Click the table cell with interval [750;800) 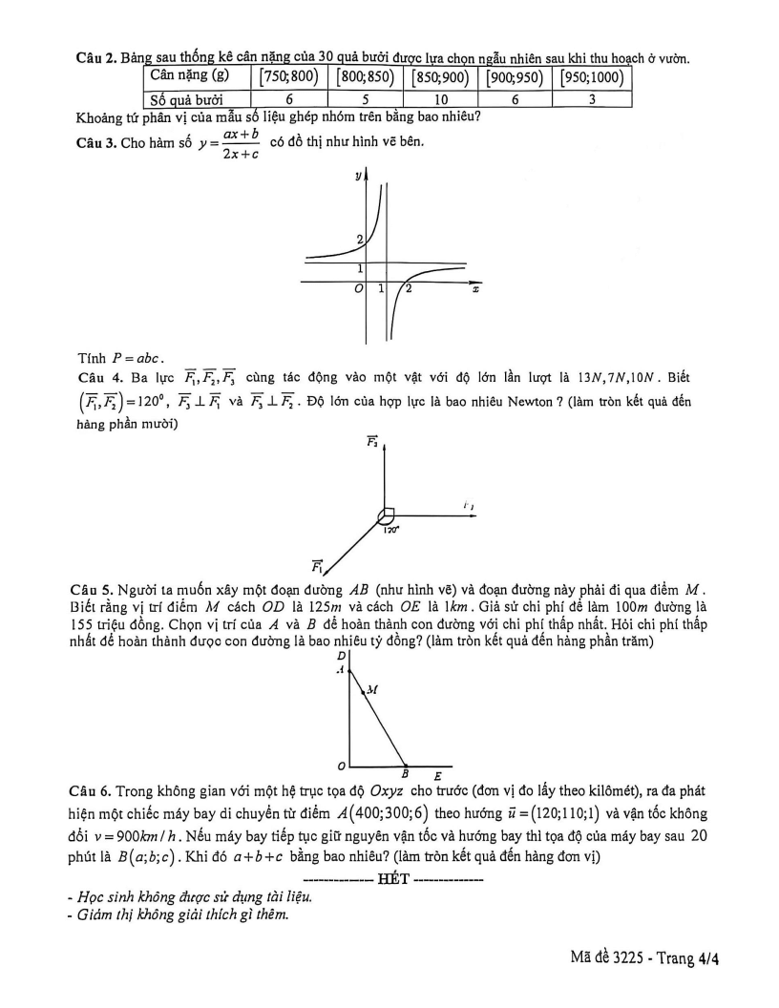(x=287, y=75)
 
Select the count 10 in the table (x=440, y=98)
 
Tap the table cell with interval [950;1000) (x=592, y=75)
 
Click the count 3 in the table (x=592, y=98)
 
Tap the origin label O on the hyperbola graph (x=358, y=287)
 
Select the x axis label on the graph (x=475, y=287)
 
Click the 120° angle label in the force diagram (x=390, y=528)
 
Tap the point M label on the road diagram (x=372, y=687)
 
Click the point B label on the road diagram (x=405, y=774)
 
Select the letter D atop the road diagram (x=340, y=657)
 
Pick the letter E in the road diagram (x=437, y=775)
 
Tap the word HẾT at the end (x=392, y=879)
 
